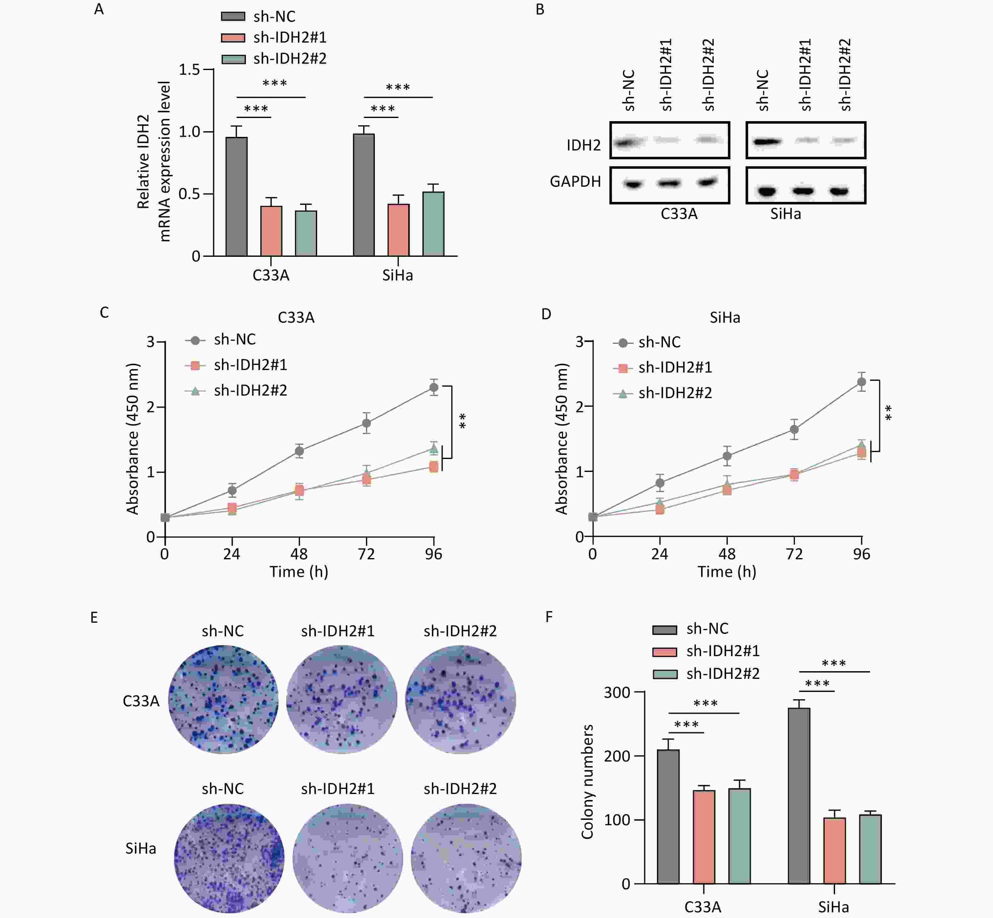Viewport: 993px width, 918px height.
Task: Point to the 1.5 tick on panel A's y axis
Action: pos(189,69)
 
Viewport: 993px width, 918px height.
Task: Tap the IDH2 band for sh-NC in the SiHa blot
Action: pos(766,142)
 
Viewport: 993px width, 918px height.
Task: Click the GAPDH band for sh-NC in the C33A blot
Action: pos(633,184)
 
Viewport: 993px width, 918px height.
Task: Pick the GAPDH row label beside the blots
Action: pos(575,181)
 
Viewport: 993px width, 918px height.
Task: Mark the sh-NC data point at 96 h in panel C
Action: pos(433,387)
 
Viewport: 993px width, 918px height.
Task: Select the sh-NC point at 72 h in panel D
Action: pos(794,429)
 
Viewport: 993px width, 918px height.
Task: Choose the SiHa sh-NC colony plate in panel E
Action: pos(229,858)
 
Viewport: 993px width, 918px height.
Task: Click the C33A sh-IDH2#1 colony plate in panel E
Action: pos(342,699)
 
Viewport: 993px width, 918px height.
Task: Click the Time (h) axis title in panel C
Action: pos(299,572)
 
